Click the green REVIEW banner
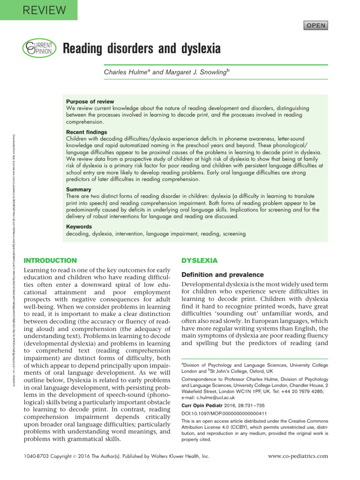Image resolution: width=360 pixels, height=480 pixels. coord(38,10)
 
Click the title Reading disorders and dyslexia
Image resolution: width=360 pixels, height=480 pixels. coord(142,48)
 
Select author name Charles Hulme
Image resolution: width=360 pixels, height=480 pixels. coord(125,72)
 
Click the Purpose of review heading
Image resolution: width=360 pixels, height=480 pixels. coord(90,101)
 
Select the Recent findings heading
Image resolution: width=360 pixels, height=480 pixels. coord(87,133)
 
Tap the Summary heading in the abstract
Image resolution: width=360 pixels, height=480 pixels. coord(79,189)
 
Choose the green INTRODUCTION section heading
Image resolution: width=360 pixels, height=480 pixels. coord(50,260)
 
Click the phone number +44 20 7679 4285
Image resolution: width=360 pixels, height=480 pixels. coord(301,390)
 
